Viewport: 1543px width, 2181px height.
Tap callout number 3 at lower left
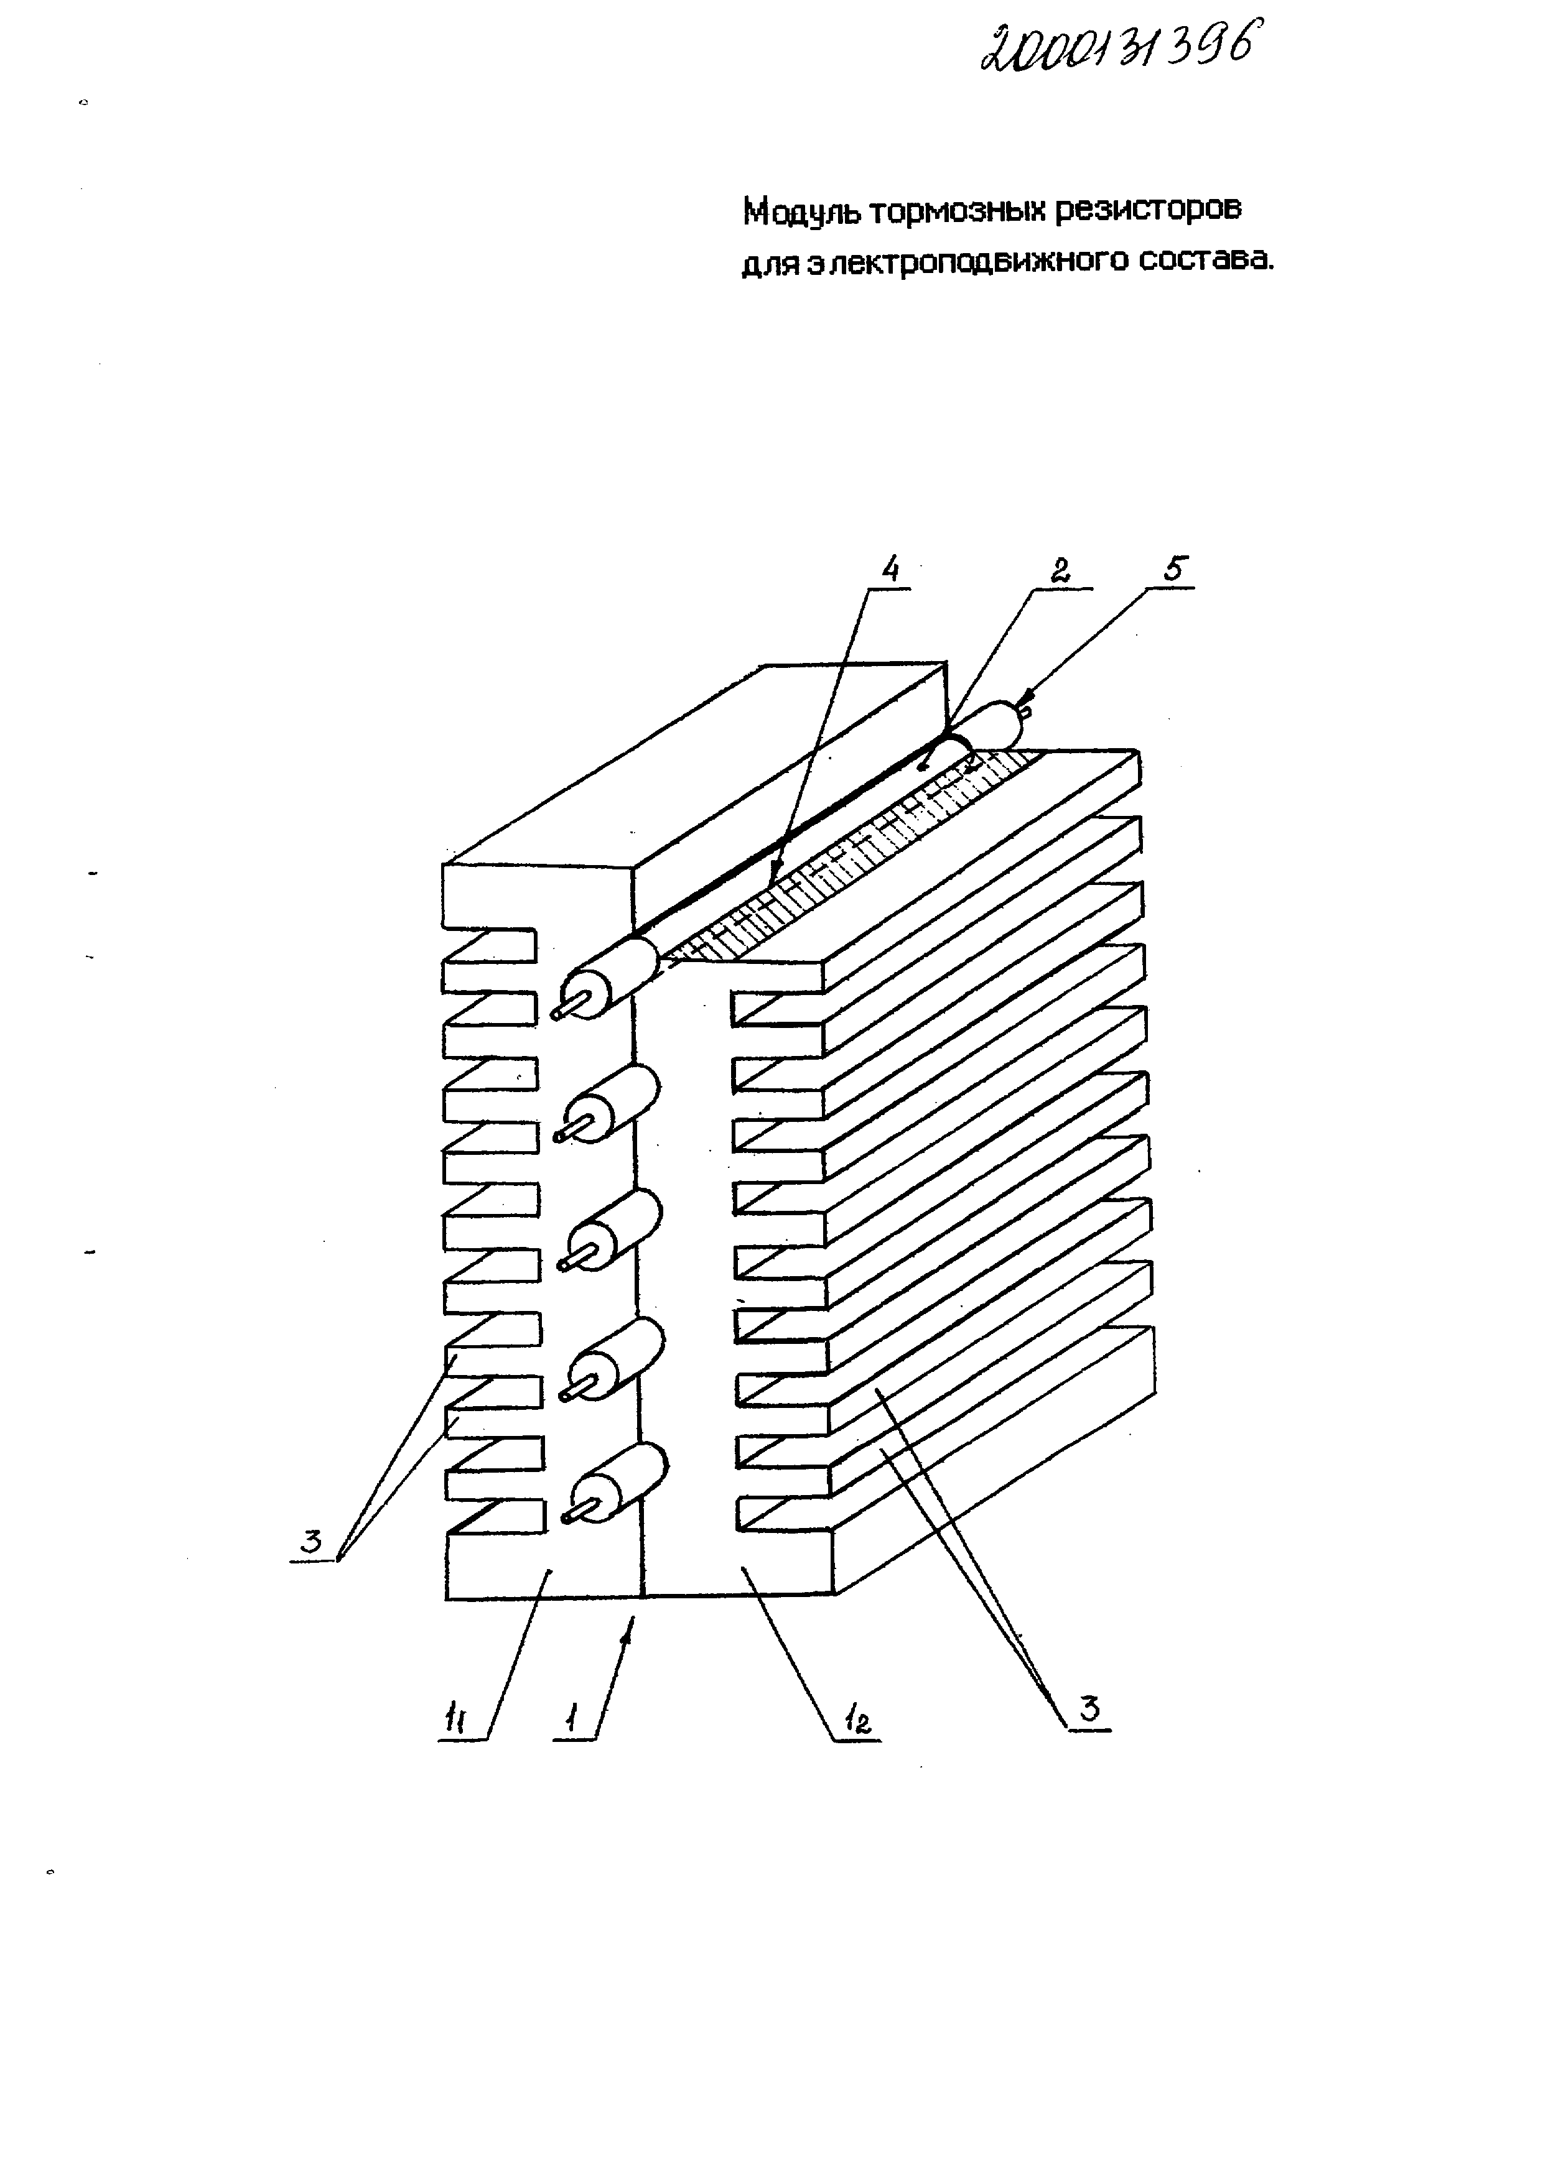pos(310,1543)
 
